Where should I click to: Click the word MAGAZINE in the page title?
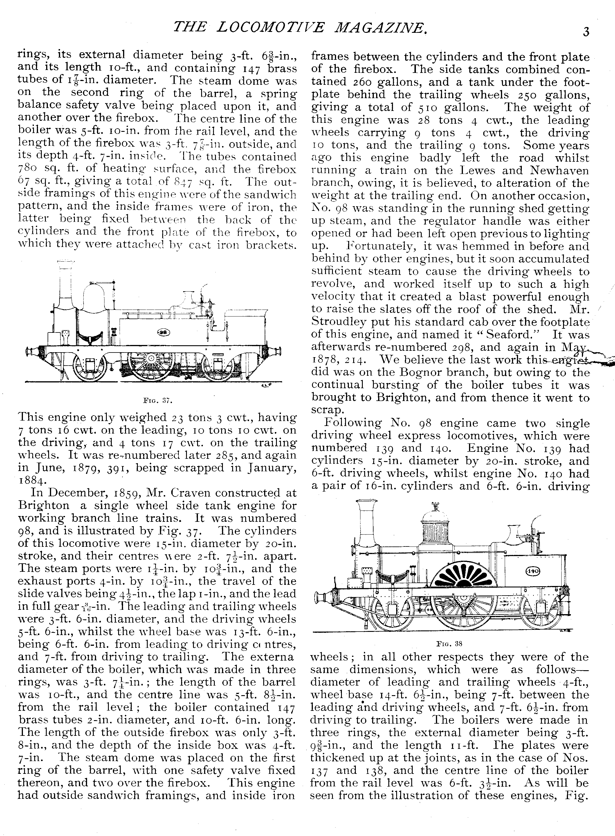(x=379, y=28)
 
